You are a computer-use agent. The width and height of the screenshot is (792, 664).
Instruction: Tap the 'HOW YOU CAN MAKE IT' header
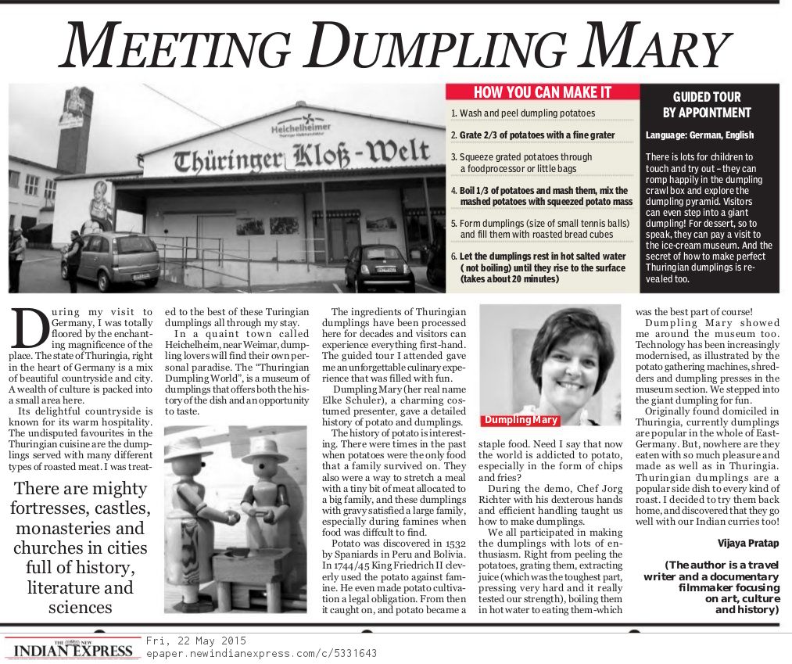coord(542,92)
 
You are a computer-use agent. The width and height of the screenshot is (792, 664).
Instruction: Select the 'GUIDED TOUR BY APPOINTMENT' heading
coord(707,105)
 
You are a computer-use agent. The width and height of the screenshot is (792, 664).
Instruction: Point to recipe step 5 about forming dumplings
coord(539,228)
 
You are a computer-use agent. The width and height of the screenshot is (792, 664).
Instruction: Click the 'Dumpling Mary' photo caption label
coord(521,421)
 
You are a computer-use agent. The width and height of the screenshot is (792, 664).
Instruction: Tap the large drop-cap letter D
coord(28,328)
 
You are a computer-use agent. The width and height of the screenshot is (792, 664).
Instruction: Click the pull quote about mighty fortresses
coord(81,547)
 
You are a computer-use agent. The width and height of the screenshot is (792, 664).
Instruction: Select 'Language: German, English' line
coord(699,135)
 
